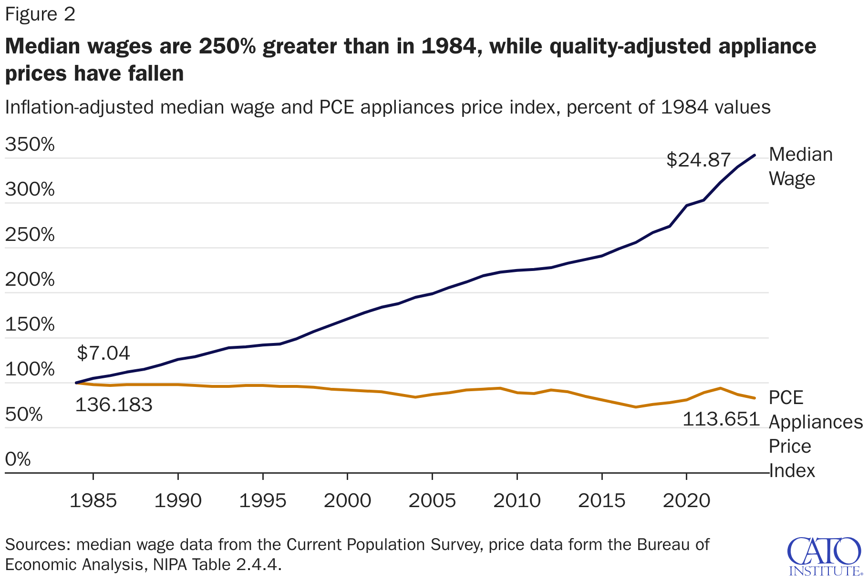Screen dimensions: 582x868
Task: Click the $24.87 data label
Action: [698, 160]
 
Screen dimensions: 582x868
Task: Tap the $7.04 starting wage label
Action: [103, 353]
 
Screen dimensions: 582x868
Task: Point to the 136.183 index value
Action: [114, 405]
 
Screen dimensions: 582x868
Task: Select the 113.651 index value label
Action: [721, 419]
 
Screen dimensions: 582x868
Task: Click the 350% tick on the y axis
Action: [30, 144]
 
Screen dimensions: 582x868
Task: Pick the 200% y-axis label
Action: [30, 279]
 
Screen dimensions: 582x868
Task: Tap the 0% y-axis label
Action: [18, 459]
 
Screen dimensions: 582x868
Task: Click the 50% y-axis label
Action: [24, 415]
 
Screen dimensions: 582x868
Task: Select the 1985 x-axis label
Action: [93, 501]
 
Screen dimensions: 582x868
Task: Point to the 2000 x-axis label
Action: [347, 501]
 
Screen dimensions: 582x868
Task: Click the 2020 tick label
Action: [686, 501]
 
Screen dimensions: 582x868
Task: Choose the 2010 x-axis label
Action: [517, 501]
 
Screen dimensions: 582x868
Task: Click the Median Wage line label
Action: [800, 166]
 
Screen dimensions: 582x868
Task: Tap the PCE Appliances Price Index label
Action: [815, 434]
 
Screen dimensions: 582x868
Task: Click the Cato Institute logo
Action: [824, 556]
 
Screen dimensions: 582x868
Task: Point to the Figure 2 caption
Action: [40, 14]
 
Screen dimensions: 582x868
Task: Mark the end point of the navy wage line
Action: [754, 155]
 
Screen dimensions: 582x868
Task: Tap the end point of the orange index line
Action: [754, 398]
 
